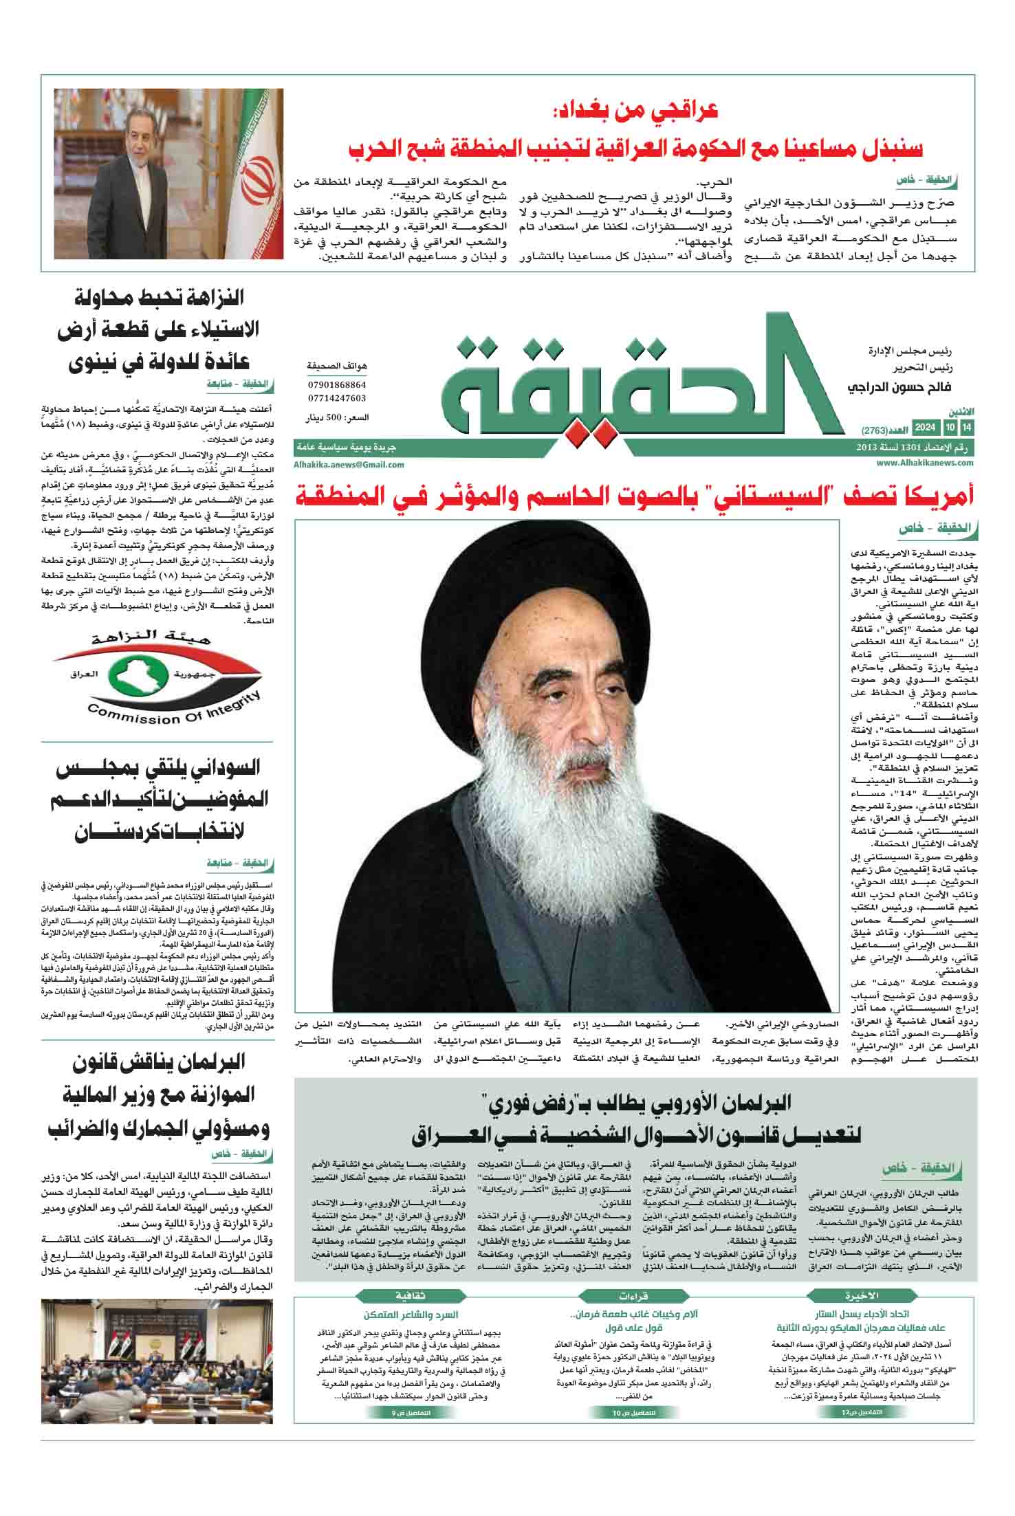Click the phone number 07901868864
(337, 386)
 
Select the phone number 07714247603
(337, 398)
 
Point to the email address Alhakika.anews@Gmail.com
(349, 464)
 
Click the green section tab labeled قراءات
(634, 1296)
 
